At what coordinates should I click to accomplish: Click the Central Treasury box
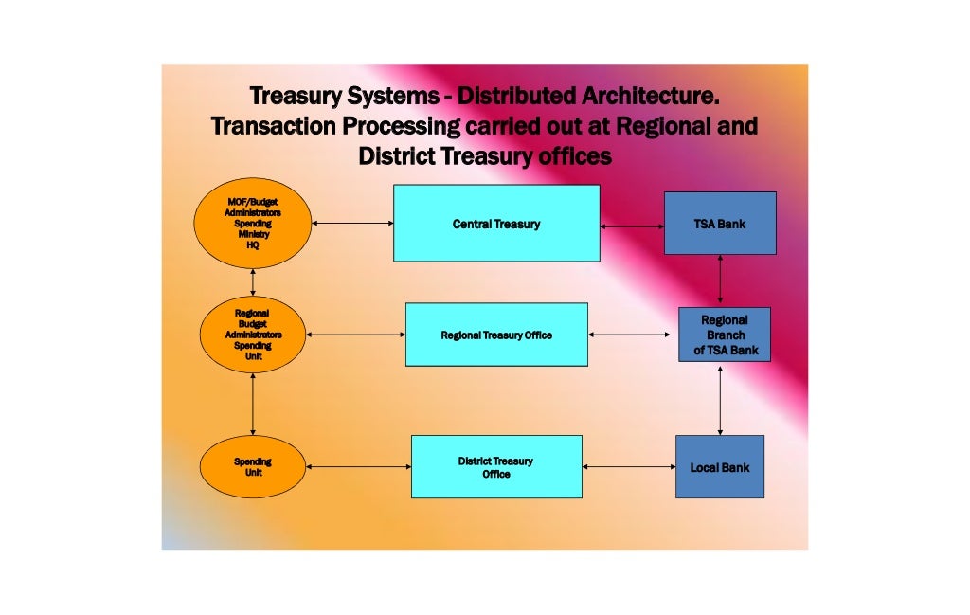point(496,224)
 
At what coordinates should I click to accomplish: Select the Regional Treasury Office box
point(496,335)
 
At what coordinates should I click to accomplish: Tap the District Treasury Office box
point(496,466)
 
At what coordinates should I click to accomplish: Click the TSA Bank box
point(720,224)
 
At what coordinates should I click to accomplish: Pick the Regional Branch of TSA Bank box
point(725,335)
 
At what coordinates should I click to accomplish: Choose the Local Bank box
point(720,466)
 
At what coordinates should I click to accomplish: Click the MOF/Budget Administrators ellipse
point(253,224)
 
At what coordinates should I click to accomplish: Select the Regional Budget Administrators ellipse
point(253,335)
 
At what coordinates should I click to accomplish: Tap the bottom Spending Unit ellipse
point(253,466)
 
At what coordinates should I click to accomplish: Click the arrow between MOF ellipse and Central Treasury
point(351,224)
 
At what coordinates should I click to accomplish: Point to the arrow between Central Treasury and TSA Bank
point(632,226)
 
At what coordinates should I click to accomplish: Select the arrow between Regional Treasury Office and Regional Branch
point(633,335)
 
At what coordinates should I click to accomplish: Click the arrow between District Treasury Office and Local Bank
point(628,466)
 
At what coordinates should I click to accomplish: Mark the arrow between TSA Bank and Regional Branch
point(721,280)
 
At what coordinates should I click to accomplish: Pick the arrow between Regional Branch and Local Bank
point(721,399)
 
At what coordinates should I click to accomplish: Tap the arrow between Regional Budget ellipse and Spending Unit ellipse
point(253,404)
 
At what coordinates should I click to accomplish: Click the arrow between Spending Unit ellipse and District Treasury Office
point(358,466)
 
